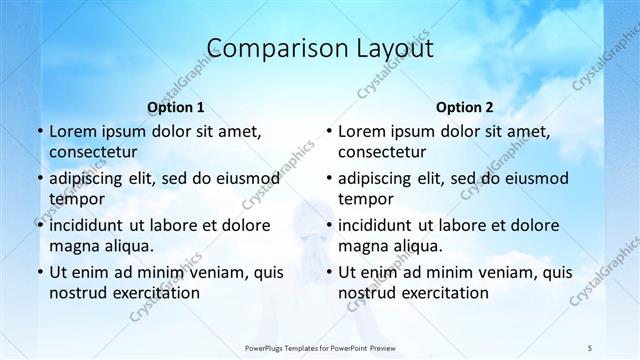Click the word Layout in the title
(x=392, y=49)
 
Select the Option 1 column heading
(x=175, y=107)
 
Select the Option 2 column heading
(x=465, y=107)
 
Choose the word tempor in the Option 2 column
(x=366, y=200)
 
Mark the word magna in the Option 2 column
(x=362, y=245)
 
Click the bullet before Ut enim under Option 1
(x=39, y=272)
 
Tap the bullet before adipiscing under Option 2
(x=329, y=179)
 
